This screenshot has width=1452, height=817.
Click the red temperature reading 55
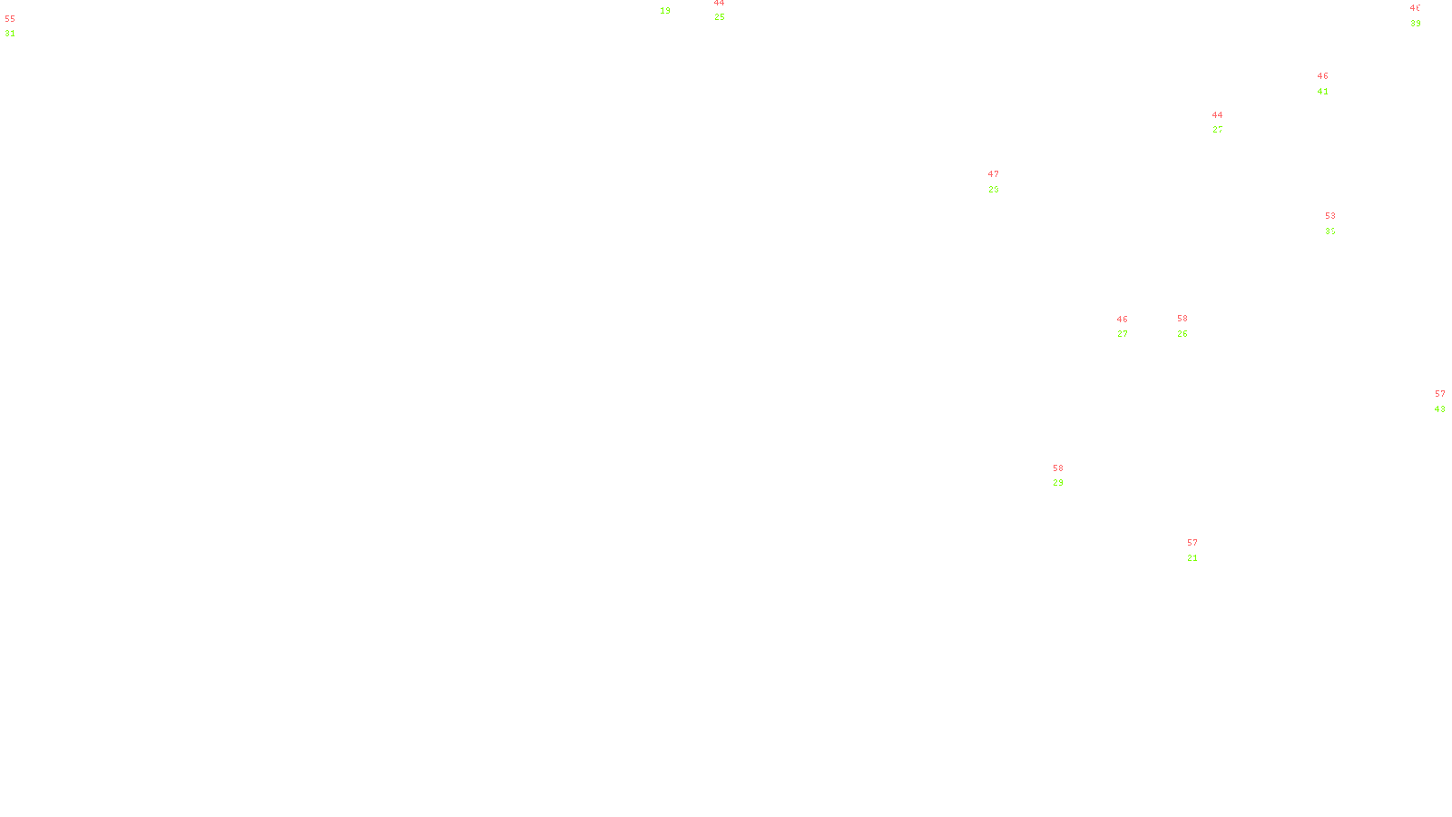tap(10, 18)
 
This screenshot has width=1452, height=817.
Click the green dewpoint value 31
tap(10, 34)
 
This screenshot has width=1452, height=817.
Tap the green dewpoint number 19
tap(665, 11)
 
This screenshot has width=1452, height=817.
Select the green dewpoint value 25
tap(720, 17)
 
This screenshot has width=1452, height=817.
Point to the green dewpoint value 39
tap(1416, 24)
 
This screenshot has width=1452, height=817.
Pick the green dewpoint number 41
tap(1323, 92)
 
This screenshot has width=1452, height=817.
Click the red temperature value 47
tap(994, 174)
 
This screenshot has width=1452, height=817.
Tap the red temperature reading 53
tap(1330, 216)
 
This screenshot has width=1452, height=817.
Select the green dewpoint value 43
tap(1440, 409)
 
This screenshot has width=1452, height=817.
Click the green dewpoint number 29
tap(1058, 483)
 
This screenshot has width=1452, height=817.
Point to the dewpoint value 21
tap(1192, 558)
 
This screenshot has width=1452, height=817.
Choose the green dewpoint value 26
tap(1182, 334)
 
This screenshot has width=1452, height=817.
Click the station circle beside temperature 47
tap(1002, 182)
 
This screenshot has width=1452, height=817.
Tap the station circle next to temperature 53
tap(1339, 224)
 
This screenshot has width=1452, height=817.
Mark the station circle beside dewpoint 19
tap(674, 5)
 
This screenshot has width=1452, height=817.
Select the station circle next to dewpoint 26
tap(1191, 327)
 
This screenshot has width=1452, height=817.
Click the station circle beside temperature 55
tap(19, 27)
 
